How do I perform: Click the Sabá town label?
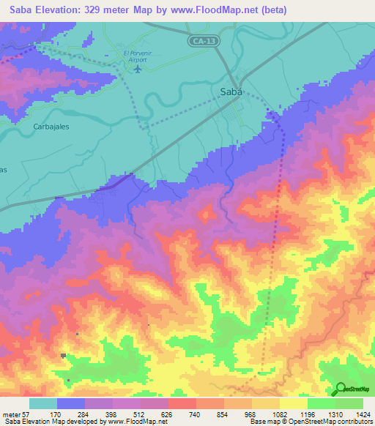[x=231, y=91]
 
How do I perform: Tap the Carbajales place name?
[x=50, y=126]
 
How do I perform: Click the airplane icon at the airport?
[x=139, y=70]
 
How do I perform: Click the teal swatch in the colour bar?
[x=43, y=403]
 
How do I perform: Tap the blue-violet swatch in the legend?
[x=71, y=403]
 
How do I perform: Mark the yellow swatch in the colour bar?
[x=294, y=403]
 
